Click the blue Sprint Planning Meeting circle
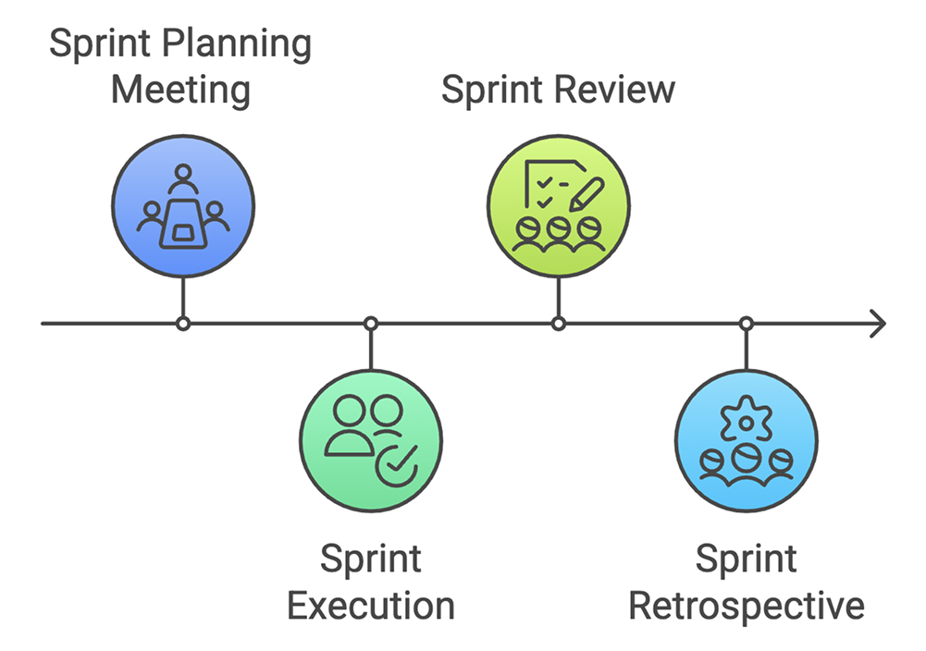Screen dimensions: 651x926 click(183, 205)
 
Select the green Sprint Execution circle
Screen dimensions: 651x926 click(370, 440)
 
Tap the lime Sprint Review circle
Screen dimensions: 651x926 click(558, 205)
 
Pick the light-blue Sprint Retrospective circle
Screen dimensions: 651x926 click(746, 440)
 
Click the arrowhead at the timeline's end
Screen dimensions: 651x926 click(877, 324)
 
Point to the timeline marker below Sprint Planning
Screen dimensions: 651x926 click(183, 324)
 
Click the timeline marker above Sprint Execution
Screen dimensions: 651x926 click(370, 324)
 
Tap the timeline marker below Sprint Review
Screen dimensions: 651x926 click(558, 324)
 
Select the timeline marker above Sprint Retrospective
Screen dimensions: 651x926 click(746, 324)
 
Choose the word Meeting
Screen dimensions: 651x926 click(180, 92)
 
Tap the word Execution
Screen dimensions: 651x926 click(370, 607)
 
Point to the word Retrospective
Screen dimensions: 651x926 click(746, 607)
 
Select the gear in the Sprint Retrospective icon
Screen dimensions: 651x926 click(746, 422)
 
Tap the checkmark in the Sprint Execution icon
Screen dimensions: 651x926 click(399, 467)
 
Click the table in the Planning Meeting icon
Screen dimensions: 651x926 click(183, 222)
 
